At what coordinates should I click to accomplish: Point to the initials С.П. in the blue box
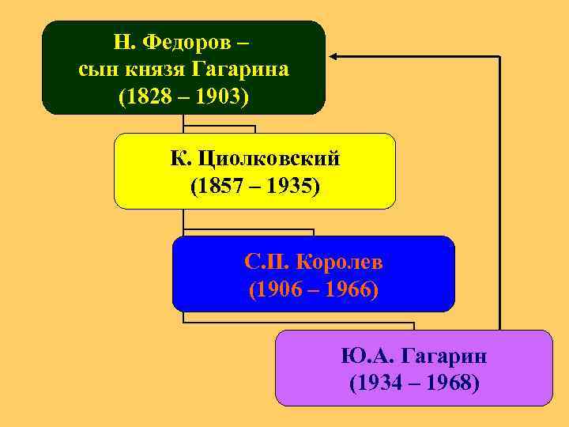[x=262, y=262]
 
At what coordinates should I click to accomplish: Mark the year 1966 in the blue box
[x=348, y=289]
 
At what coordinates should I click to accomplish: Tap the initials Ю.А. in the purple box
[x=365, y=356]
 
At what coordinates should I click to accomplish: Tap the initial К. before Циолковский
[x=179, y=159]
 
